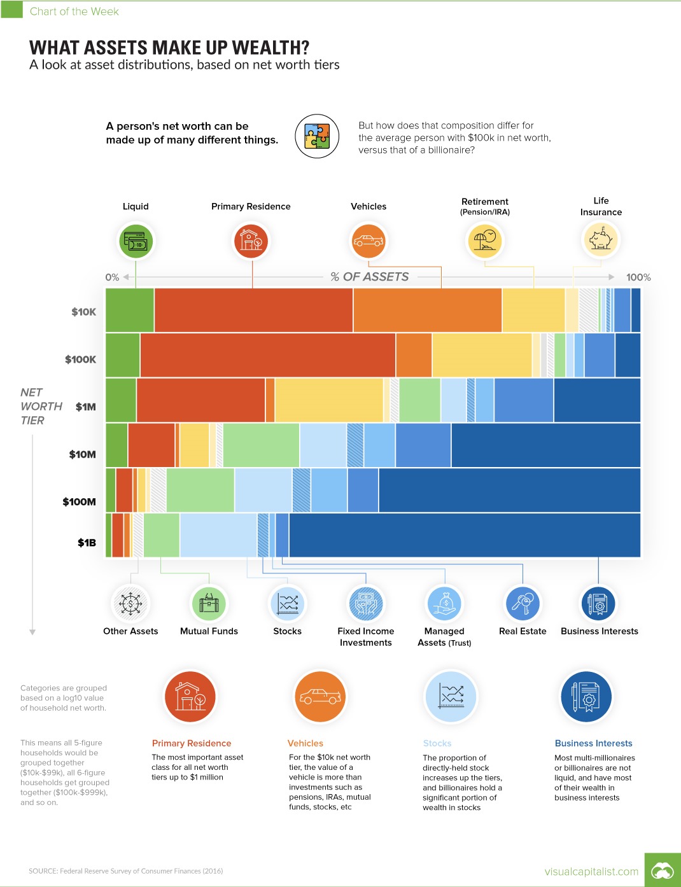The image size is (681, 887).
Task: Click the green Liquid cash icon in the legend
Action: pyautogui.click(x=136, y=241)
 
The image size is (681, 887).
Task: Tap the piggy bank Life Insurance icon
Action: pyautogui.click(x=600, y=240)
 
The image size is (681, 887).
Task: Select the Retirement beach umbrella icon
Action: pyautogui.click(x=484, y=241)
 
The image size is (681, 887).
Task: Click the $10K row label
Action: pyautogui.click(x=83, y=312)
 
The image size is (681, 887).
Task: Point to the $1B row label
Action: pyautogui.click(x=87, y=543)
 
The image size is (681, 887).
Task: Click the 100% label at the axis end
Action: pyautogui.click(x=638, y=277)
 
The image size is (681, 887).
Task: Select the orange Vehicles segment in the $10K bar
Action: pyautogui.click(x=427, y=310)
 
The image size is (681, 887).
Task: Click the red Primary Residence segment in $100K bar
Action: pyautogui.click(x=267, y=355)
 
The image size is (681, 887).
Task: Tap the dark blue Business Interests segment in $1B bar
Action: pyautogui.click(x=465, y=535)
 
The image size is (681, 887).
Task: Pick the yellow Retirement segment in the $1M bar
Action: pyautogui.click(x=328, y=400)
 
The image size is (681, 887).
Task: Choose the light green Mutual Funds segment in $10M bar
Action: pyautogui.click(x=261, y=445)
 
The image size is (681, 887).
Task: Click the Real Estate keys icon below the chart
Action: pyautogui.click(x=523, y=603)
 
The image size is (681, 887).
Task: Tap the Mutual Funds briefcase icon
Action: pyautogui.click(x=209, y=603)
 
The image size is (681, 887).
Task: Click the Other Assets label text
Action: pyautogui.click(x=130, y=631)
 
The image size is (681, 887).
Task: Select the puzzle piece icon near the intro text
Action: pyautogui.click(x=316, y=136)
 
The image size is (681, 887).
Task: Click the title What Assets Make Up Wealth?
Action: pyautogui.click(x=169, y=48)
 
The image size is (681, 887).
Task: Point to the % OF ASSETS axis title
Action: pyautogui.click(x=369, y=277)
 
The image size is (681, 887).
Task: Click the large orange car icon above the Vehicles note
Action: pyautogui.click(x=319, y=697)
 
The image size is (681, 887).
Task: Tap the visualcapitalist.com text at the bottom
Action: pyautogui.click(x=591, y=871)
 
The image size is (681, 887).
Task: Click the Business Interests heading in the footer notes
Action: pyautogui.click(x=593, y=743)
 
